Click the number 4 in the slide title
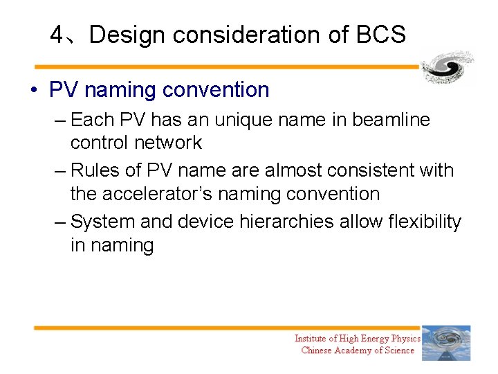tap(57, 34)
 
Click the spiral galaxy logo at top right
tap(448, 67)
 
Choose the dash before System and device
tap(59, 222)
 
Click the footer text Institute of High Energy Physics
tap(357, 338)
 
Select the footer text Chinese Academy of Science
tap(358, 350)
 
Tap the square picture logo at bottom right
tap(446, 343)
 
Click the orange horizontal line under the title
tap(228, 67)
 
